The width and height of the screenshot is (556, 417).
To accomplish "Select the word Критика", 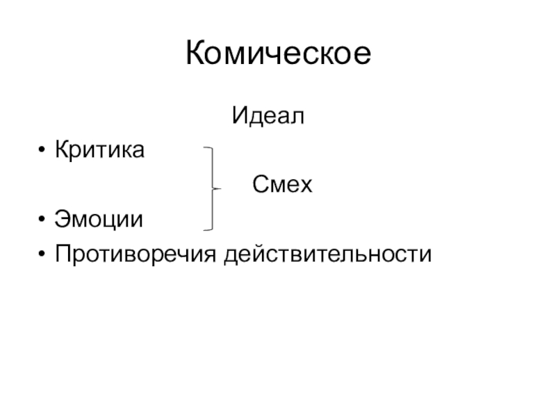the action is point(101,149).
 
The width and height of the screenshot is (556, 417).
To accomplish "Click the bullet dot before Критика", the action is point(43,150).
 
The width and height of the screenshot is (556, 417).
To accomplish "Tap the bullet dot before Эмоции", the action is point(43,222).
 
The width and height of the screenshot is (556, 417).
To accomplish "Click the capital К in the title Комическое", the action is point(197,54).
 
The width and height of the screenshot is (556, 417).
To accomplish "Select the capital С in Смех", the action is point(259,185).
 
